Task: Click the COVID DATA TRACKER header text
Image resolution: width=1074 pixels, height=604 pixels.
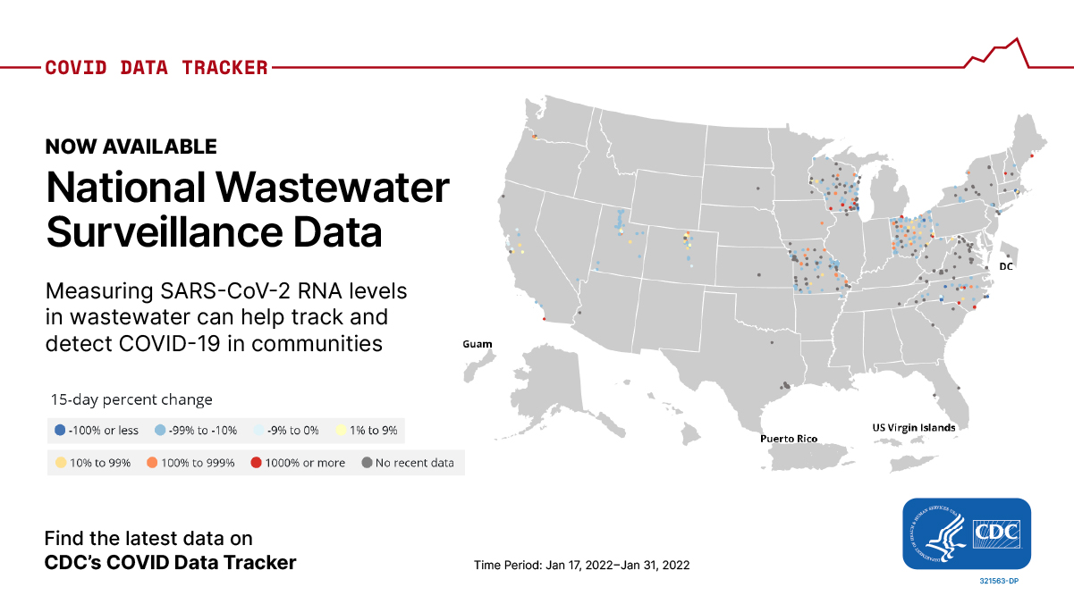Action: click(156, 68)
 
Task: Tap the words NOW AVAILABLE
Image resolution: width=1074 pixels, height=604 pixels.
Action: click(131, 147)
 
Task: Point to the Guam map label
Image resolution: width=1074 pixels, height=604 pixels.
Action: click(477, 344)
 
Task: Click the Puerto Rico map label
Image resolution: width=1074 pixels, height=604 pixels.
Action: click(789, 439)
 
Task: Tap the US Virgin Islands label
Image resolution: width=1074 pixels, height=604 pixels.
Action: click(913, 427)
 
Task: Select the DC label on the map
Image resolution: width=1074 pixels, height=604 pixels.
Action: click(1005, 266)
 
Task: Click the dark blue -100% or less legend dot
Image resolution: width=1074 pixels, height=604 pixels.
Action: click(60, 430)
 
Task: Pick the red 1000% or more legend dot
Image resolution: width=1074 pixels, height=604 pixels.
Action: click(256, 463)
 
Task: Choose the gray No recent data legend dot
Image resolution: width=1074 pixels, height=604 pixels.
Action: click(367, 463)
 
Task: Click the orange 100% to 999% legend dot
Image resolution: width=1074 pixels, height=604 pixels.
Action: click(153, 463)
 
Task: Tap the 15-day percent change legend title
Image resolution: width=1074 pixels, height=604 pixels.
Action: click(131, 399)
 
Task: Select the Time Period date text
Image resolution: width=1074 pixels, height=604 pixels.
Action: click(581, 566)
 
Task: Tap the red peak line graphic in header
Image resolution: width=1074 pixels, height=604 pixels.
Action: click(1002, 52)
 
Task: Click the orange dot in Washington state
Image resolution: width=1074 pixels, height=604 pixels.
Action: click(534, 137)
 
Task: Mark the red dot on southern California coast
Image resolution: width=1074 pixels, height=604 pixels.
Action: click(545, 318)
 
